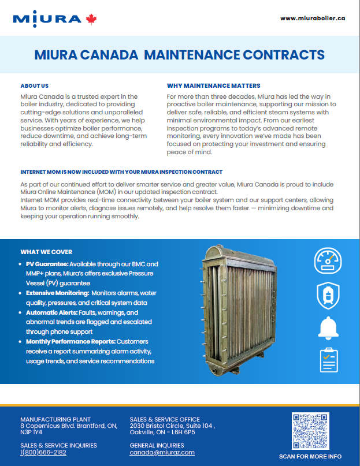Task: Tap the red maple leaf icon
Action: (91, 19)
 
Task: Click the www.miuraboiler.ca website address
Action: (313, 18)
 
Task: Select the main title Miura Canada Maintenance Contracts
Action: (179, 55)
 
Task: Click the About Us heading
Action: (34, 85)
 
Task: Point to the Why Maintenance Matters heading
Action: (213, 85)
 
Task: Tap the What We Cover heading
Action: (46, 252)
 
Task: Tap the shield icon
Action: (328, 296)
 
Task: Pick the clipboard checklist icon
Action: (328, 359)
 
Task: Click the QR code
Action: (310, 430)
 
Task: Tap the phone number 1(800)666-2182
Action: (43, 453)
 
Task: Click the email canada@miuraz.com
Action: (162, 453)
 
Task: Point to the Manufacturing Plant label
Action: (55, 419)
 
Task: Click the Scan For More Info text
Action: (311, 456)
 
